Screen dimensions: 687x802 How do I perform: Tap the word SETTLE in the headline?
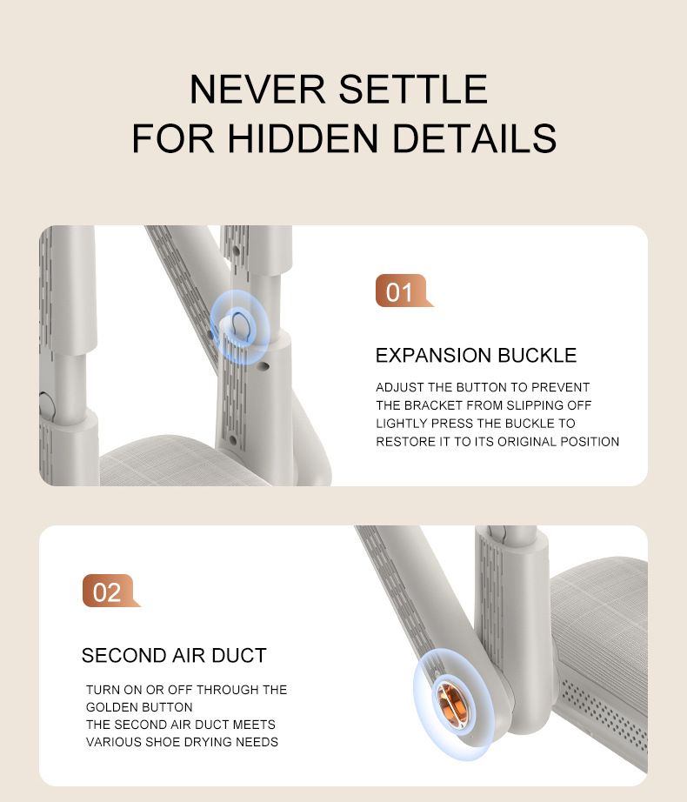click(412, 89)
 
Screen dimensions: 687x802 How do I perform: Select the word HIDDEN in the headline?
click(303, 137)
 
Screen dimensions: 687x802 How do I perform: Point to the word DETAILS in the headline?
click(474, 137)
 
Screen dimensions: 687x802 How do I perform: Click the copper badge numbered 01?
click(402, 291)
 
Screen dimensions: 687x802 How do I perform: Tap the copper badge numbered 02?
click(109, 591)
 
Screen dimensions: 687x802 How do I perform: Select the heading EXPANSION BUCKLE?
click(476, 355)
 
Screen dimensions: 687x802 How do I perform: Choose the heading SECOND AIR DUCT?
click(174, 655)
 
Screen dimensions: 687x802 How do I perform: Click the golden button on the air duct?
click(452, 702)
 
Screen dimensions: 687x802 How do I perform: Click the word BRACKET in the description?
click(433, 405)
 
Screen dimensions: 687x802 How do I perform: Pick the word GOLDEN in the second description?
click(107, 707)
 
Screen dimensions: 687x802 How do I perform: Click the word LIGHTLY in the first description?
click(402, 423)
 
